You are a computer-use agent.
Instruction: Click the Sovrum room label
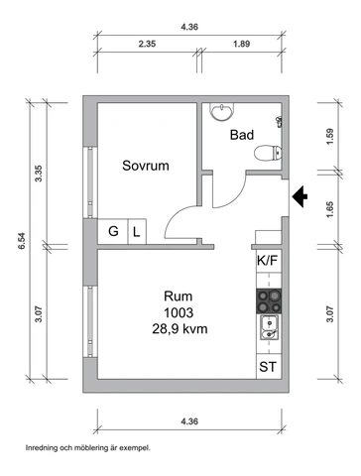pyautogui.click(x=145, y=167)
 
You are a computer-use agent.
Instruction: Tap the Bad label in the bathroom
pyautogui.click(x=242, y=135)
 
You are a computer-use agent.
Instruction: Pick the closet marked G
pyautogui.click(x=114, y=232)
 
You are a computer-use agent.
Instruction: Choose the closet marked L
pyautogui.click(x=137, y=232)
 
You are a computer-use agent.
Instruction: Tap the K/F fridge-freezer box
pyautogui.click(x=267, y=261)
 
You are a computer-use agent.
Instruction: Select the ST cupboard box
pyautogui.click(x=267, y=367)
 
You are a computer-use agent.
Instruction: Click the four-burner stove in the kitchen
pyautogui.click(x=267, y=298)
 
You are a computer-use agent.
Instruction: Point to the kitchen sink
pyautogui.click(x=267, y=326)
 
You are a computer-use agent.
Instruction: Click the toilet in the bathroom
pyautogui.click(x=266, y=153)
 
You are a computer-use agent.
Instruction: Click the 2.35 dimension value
pyautogui.click(x=148, y=44)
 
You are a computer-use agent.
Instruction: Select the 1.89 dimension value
pyautogui.click(x=240, y=44)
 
